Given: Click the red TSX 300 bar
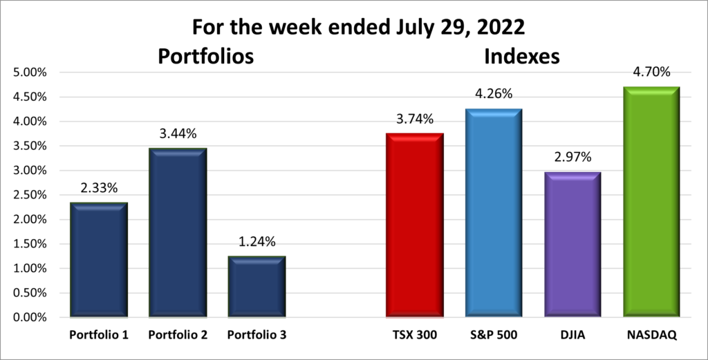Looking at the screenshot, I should (413, 225).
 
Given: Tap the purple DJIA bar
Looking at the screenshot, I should (571, 245).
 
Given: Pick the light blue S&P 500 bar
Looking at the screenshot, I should (492, 213).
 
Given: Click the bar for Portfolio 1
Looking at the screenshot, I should (98, 260).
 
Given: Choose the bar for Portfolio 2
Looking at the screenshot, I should (177, 233).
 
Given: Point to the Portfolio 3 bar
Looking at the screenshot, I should (256, 287).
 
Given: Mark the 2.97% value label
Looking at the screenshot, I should (571, 158).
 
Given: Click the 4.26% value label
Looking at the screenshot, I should (492, 94).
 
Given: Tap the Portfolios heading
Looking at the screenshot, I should (206, 57).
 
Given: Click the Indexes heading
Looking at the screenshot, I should (521, 57).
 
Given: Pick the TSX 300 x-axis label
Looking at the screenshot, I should (413, 335).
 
